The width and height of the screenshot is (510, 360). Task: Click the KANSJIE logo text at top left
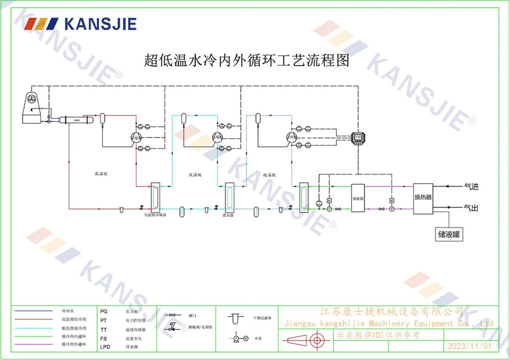[100, 23]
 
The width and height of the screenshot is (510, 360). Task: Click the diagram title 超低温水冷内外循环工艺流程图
[247, 61]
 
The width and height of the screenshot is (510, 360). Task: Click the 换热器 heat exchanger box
[423, 196]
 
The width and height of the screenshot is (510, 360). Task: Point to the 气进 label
[471, 187]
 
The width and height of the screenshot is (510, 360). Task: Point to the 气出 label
[471, 208]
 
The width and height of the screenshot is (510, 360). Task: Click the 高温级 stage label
[101, 174]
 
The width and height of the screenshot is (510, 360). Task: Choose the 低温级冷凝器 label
[155, 215]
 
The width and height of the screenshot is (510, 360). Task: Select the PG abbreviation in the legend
[104, 311]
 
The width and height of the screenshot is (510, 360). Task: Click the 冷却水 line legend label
[68, 311]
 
